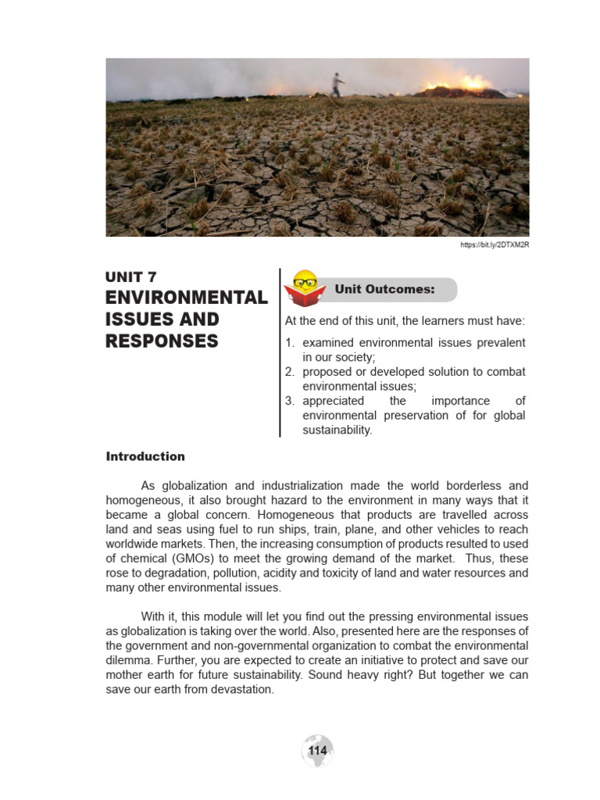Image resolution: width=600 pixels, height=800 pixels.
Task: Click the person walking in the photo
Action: (337, 84)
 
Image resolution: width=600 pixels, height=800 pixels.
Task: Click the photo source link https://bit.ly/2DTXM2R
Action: (495, 245)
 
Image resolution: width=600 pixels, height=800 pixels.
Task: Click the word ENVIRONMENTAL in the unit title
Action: (186, 298)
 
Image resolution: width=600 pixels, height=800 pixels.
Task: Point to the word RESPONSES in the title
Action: (162, 341)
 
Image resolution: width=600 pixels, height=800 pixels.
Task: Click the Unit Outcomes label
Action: (384, 289)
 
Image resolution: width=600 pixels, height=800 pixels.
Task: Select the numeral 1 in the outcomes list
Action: (288, 343)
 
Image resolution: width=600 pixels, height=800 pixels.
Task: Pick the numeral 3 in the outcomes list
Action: (288, 401)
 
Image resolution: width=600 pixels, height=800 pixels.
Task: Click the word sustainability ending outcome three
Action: (337, 430)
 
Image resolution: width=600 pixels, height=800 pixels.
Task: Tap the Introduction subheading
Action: (145, 456)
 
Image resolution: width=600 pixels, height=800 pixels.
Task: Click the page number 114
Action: (317, 751)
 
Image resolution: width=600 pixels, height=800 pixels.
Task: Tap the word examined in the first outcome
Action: (327, 343)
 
